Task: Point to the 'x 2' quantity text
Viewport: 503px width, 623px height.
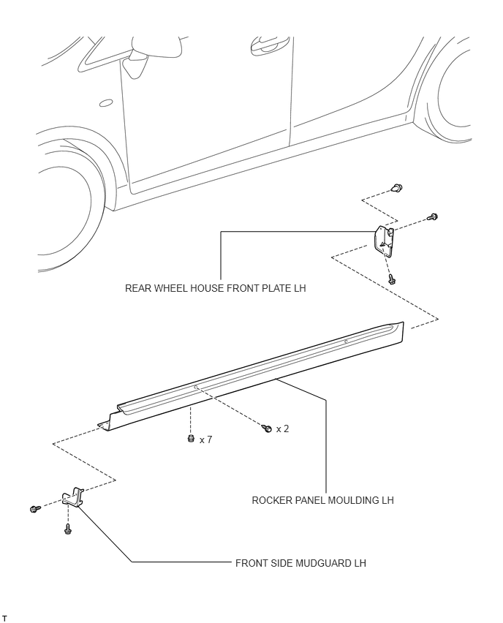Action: [x=282, y=428]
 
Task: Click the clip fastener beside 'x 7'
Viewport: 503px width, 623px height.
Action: [x=190, y=439]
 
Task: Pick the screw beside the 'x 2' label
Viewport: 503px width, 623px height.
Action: [x=268, y=428]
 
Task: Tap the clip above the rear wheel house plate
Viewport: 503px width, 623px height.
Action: [x=397, y=188]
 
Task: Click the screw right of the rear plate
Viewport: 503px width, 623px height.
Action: [x=432, y=216]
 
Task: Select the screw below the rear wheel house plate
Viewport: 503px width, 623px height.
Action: [x=393, y=278]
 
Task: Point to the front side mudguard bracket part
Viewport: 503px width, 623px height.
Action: [x=75, y=498]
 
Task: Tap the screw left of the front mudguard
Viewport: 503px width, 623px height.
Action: [x=34, y=508]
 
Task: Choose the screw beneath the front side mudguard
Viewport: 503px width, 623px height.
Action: [x=67, y=528]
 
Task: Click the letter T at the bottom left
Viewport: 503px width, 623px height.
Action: [x=4, y=619]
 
